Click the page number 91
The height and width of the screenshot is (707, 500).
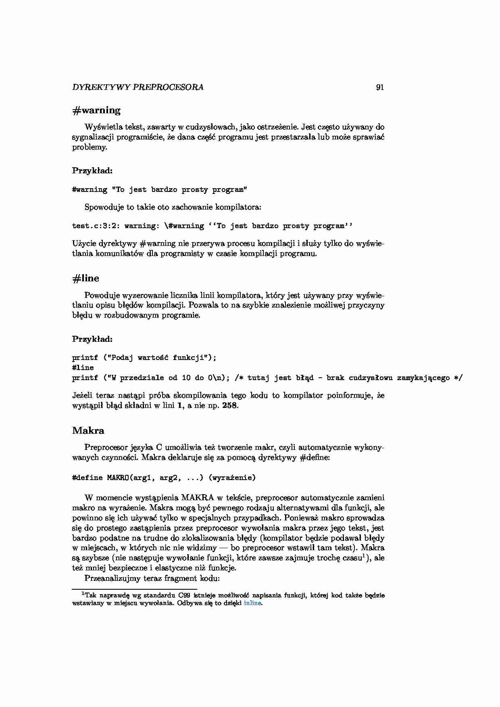tap(379, 87)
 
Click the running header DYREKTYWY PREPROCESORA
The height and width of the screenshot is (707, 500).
tap(138, 87)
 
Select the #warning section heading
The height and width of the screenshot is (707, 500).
tap(96, 110)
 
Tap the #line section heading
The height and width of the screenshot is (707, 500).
tap(85, 278)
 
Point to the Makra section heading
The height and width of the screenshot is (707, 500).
tap(88, 430)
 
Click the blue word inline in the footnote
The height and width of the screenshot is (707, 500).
tap(252, 603)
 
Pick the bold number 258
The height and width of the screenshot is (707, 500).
tap(230, 405)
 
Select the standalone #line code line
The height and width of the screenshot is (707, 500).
tap(83, 368)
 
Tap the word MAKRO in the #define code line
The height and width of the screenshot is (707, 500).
tap(118, 478)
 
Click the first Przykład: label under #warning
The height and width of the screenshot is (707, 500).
tap(92, 171)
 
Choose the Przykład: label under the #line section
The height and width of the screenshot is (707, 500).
tap(92, 339)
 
